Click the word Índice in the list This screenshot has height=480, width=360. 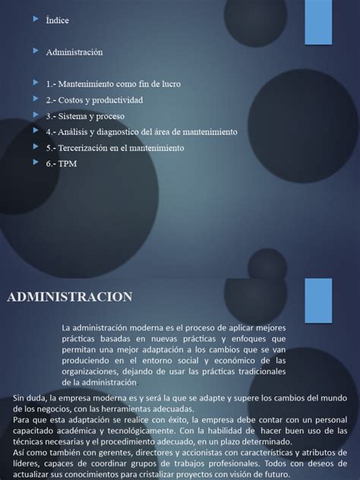click(57, 21)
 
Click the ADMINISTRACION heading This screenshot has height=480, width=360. click(70, 296)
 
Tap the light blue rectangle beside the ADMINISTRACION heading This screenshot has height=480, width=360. click(319, 295)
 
